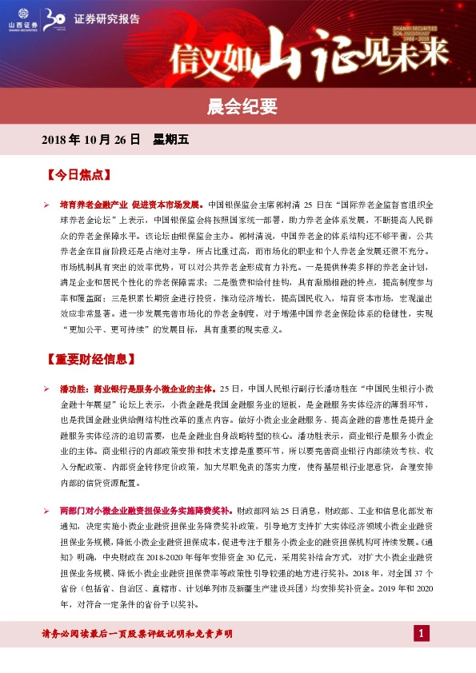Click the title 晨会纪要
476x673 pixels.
pos(238,106)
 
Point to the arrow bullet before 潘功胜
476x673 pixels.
pos(47,388)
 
